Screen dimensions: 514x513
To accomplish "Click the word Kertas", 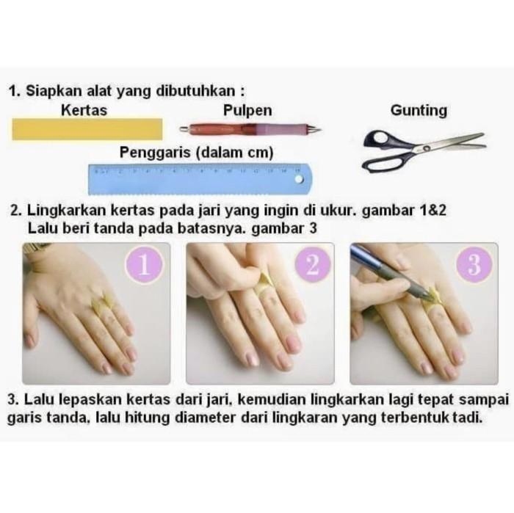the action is [84, 110].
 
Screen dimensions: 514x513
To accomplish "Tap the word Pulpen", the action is [247, 111].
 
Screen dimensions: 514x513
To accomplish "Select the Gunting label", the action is [419, 111].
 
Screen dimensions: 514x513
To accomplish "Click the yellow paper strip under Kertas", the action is [87, 129].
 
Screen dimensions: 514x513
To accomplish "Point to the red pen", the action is [250, 129].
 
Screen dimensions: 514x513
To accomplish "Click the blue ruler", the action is [200, 179].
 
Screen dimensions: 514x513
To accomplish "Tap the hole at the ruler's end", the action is [299, 179].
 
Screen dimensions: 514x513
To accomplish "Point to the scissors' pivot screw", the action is [427, 148].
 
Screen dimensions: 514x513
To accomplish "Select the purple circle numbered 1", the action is [144, 265].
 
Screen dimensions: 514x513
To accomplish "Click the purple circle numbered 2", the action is [313, 264].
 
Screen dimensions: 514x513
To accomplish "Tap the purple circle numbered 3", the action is [474, 265].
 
